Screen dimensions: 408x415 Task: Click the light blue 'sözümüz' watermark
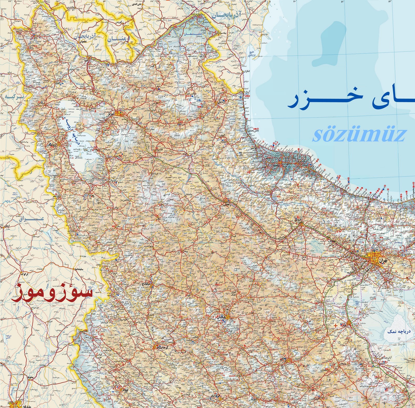tap(359, 135)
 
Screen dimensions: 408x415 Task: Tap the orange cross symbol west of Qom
tap(336, 325)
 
